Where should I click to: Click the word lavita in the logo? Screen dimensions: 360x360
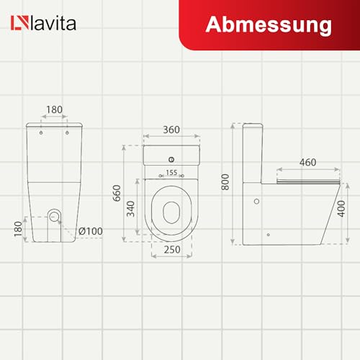pyautogui.click(x=53, y=23)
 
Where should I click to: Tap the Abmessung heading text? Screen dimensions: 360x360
pyautogui.click(x=269, y=25)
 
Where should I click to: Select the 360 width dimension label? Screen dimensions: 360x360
pyautogui.click(x=171, y=130)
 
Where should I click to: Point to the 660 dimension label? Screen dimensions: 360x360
pyautogui.click(x=117, y=193)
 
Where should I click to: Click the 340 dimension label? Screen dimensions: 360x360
pyautogui.click(x=130, y=209)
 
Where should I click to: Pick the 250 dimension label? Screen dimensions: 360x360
pyautogui.click(x=172, y=250)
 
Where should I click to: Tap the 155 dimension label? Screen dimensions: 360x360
pyautogui.click(x=171, y=173)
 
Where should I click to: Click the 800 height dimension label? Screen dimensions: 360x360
pyautogui.click(x=225, y=182)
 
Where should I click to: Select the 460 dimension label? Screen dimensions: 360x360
pyautogui.click(x=307, y=163)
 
